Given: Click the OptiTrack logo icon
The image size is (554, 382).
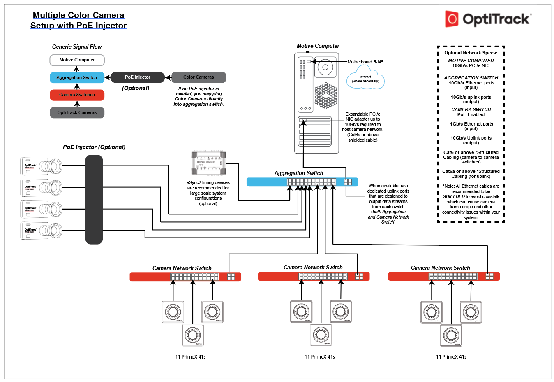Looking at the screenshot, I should point(452,19).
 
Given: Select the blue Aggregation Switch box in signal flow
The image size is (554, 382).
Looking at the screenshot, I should point(77,77).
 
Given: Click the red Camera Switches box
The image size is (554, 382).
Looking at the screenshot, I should point(77,95).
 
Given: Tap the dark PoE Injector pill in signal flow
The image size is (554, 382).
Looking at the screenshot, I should point(138,77).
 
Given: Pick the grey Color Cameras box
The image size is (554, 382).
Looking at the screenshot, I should point(199,77).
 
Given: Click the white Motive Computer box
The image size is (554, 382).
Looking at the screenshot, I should point(77,60).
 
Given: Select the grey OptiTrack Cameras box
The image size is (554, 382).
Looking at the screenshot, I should point(77,112).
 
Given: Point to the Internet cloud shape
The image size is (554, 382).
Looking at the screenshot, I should point(365,79).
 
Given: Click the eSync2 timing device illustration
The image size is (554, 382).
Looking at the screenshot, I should point(208,163).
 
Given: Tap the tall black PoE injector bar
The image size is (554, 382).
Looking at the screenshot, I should point(94,200).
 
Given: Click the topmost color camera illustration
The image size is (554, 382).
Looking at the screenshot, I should point(41,166).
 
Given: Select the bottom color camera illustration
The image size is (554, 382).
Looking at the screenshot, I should point(41,231).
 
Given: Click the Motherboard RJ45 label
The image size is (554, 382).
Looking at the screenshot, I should point(365,62).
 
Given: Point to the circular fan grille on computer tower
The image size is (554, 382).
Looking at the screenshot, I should point(326,95).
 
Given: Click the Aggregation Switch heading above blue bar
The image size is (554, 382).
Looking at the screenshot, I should point(299,173).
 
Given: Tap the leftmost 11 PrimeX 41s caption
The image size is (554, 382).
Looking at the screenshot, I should point(190,357).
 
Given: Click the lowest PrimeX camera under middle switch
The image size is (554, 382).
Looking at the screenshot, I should point(321,335).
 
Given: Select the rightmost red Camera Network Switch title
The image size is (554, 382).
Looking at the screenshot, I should point(440,268).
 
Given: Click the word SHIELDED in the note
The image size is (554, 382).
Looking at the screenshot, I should point(454,197).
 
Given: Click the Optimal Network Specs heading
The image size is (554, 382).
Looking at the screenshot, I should point(471,53).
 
